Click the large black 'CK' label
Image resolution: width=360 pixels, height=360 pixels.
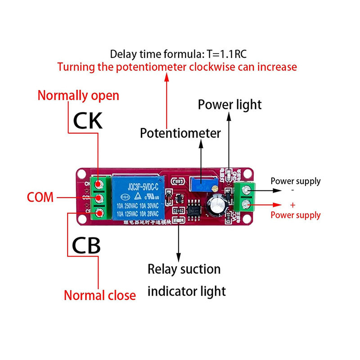point(88,121)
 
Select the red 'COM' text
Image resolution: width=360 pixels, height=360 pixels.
point(40,197)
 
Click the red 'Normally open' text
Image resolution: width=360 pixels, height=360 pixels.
point(78,95)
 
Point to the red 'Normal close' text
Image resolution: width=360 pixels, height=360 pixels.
point(99,295)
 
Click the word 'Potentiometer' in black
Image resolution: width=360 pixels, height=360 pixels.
point(180,133)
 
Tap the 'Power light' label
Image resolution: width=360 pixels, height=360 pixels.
point(229,104)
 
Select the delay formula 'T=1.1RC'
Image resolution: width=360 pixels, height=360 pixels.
point(227,54)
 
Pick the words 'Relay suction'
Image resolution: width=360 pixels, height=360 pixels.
point(184,269)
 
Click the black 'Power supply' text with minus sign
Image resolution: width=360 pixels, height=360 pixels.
point(295,181)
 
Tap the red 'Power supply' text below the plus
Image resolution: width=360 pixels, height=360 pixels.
point(295,215)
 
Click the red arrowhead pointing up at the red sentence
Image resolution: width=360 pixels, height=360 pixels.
point(166,77)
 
